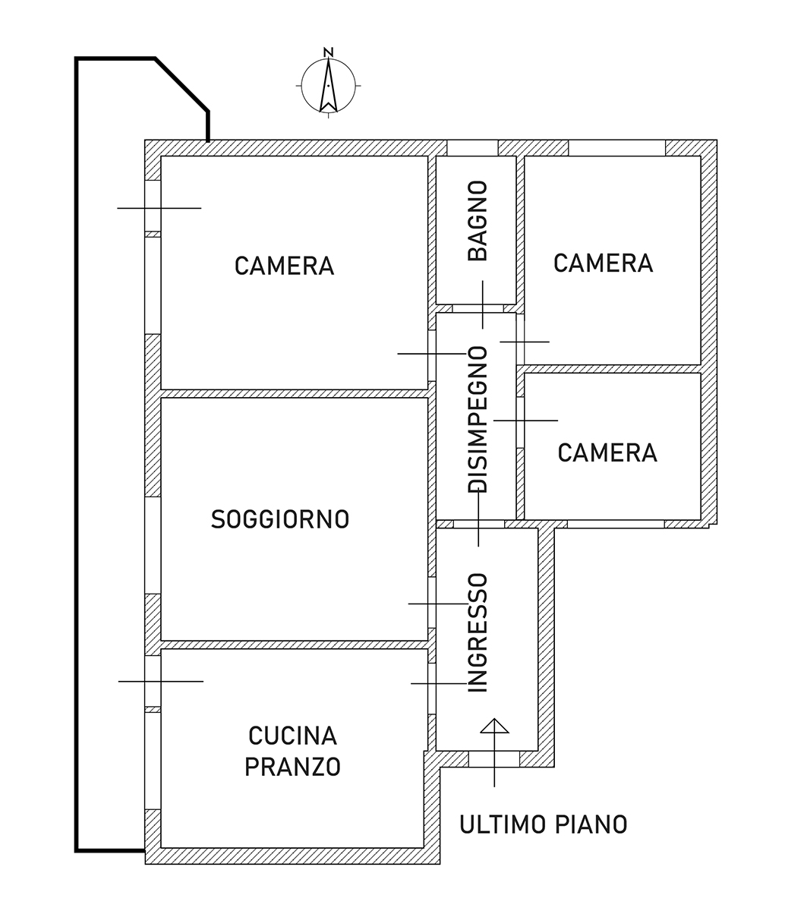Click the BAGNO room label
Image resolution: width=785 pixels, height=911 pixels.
(478, 221)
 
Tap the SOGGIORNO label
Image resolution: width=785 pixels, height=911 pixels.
(280, 519)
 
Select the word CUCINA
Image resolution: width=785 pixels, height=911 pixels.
(293, 736)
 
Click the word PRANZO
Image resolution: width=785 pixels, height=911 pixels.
(293, 767)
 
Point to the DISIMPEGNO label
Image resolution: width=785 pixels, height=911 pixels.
(478, 420)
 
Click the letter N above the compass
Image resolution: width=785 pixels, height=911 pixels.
(329, 52)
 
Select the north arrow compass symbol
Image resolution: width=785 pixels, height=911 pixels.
(329, 86)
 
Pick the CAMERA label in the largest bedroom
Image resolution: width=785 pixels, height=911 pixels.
(284, 266)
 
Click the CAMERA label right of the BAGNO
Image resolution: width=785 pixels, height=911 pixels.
(604, 263)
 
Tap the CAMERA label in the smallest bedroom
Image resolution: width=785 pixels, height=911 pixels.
(608, 453)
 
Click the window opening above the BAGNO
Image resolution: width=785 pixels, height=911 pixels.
(472, 148)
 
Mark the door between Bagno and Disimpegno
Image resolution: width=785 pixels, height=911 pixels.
(478, 308)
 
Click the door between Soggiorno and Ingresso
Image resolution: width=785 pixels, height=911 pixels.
(432, 604)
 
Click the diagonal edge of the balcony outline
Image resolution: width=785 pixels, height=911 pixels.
(181, 84)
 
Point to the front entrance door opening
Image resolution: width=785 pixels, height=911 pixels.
(494, 759)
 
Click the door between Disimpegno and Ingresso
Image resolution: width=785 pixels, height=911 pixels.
(479, 524)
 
